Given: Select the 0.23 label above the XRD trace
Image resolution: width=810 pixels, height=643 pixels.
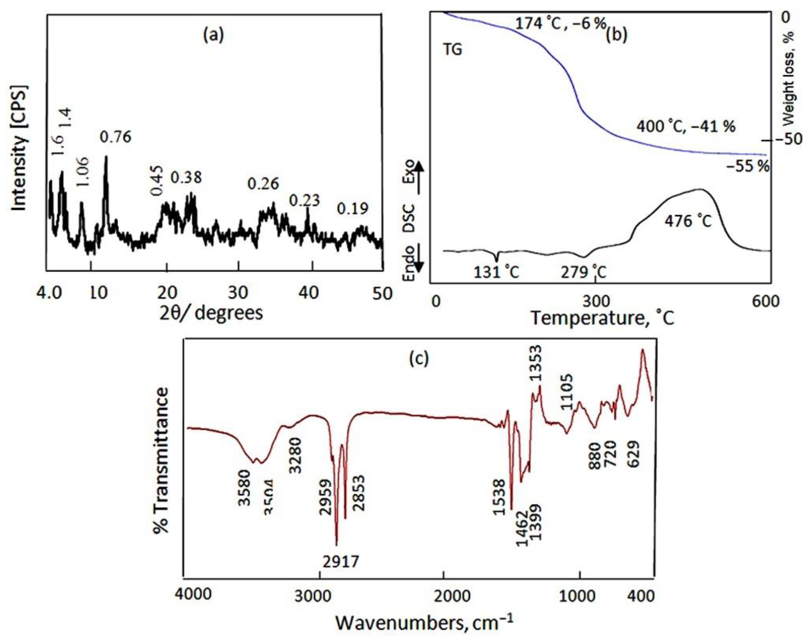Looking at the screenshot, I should point(304,201).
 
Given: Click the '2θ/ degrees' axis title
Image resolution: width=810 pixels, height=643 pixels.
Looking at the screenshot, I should point(210,313).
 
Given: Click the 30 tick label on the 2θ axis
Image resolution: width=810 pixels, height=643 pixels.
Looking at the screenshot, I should point(239,293).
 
